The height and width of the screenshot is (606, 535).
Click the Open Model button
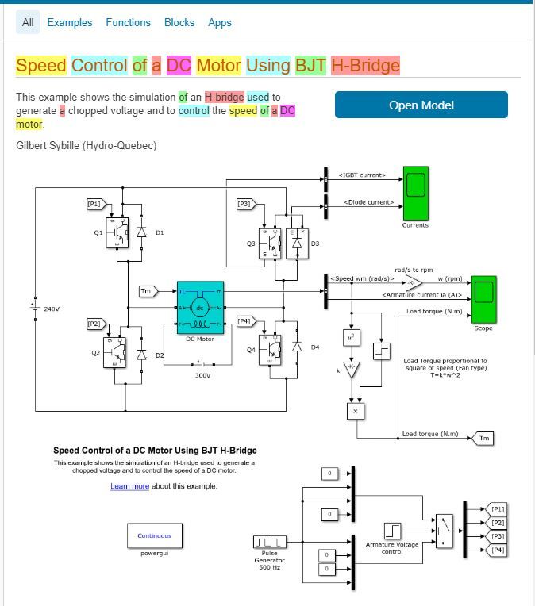(x=421, y=105)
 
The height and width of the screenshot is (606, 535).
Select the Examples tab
(x=70, y=22)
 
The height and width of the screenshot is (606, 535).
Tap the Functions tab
(x=128, y=22)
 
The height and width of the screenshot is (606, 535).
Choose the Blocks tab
(x=179, y=22)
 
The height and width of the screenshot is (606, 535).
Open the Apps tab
(x=220, y=22)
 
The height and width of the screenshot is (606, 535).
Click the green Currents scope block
(x=415, y=192)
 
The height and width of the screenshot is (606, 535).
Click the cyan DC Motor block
(x=200, y=308)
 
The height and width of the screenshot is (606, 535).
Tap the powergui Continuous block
(x=154, y=535)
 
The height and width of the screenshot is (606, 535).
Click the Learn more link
(x=129, y=486)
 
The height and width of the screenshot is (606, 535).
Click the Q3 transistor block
(x=272, y=242)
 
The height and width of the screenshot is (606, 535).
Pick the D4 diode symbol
(x=297, y=347)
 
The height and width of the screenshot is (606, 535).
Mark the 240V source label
(x=52, y=309)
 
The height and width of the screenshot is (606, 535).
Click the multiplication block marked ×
(x=355, y=410)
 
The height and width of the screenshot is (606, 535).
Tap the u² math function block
(x=352, y=337)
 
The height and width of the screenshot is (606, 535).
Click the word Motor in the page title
(x=218, y=65)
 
